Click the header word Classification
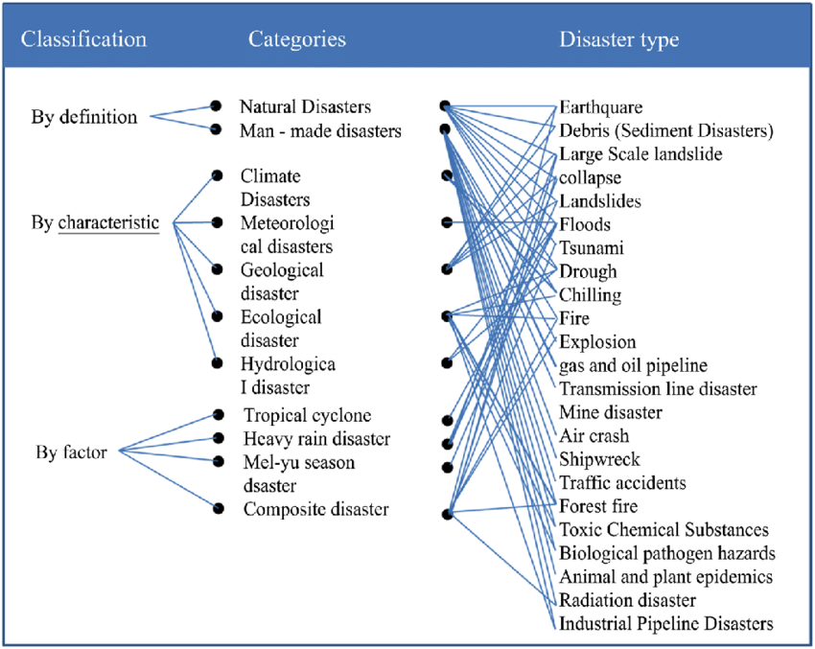point(84,39)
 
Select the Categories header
point(297,39)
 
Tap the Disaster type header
point(619,39)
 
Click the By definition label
point(84,118)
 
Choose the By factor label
point(71,451)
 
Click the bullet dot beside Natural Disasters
point(217,106)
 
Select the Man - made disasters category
point(320,131)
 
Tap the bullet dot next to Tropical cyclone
point(219,415)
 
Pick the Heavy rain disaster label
point(316,439)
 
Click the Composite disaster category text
point(315,509)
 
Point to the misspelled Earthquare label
point(601,106)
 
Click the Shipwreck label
point(599,459)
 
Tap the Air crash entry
point(594,436)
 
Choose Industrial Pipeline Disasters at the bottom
point(665,624)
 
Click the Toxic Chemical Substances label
point(664,530)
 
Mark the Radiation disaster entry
point(627,600)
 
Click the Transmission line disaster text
point(658,389)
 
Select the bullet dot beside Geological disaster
point(218,269)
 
